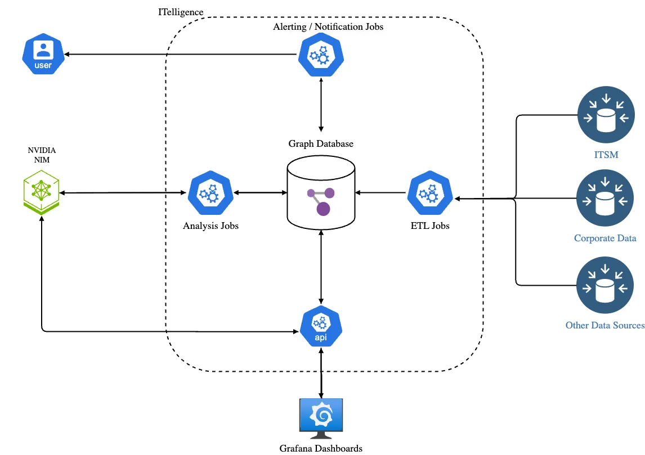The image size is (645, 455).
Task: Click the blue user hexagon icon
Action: [43, 55]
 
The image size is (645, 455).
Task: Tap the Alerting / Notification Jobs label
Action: [328, 26]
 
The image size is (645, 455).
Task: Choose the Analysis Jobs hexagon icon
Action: [210, 193]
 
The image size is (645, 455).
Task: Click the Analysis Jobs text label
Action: [210, 226]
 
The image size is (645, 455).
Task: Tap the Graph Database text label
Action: [321, 143]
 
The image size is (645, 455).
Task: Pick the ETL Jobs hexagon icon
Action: [430, 193]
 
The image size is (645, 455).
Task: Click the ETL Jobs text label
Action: [430, 226]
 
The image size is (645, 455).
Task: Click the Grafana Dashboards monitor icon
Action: [321, 418]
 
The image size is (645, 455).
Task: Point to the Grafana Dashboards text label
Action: [321, 448]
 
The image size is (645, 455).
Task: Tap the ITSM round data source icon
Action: [606, 110]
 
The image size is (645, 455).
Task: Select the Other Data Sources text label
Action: [605, 325]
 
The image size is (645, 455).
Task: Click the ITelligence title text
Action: [181, 12]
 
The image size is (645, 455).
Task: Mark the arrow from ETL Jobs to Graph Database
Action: [380, 193]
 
